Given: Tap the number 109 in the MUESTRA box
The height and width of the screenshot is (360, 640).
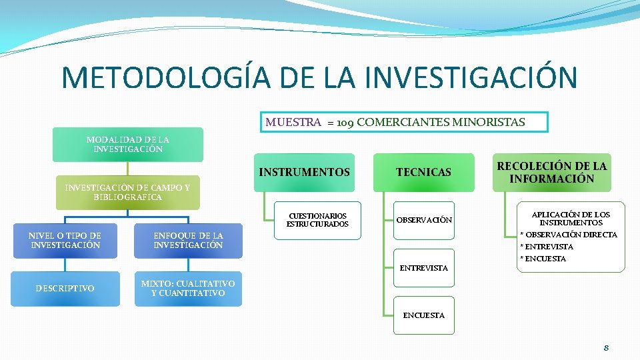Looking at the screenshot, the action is tap(345, 123).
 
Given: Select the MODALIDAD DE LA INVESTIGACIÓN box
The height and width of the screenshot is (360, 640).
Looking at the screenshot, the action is tap(128, 145).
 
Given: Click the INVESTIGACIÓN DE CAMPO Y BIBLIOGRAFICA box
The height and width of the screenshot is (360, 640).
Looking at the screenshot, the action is tap(127, 193).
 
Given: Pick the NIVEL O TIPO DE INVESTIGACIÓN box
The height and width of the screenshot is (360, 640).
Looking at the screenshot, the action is tap(65, 241).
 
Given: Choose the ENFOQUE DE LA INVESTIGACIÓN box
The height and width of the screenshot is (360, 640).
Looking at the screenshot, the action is tap(188, 241).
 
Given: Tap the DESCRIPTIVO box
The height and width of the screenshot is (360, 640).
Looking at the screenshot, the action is tap(65, 289).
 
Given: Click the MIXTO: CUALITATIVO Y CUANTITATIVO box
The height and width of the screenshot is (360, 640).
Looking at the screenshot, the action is tap(188, 289).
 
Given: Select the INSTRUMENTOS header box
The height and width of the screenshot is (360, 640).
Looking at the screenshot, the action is tap(304, 173).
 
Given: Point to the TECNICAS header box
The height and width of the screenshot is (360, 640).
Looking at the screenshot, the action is tap(423, 173).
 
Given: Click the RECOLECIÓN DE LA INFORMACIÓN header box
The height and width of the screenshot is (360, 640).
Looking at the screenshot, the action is tap(551, 173).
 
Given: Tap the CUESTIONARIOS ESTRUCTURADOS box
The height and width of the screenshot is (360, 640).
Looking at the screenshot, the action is tap(317, 220).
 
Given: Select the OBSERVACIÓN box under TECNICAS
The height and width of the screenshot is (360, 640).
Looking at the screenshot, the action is tap(424, 220).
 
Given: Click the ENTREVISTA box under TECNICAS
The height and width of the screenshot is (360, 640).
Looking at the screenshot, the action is tap(424, 268).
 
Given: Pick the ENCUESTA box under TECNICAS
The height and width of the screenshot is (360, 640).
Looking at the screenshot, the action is tap(424, 315).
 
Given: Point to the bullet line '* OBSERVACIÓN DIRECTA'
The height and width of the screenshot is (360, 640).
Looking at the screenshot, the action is tap(569, 235).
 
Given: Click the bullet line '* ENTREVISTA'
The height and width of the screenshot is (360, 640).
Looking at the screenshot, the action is tap(547, 247).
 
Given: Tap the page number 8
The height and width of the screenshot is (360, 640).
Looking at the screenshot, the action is tap(606, 348).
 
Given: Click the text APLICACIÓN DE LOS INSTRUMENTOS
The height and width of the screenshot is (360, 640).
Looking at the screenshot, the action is tap(571, 219).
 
